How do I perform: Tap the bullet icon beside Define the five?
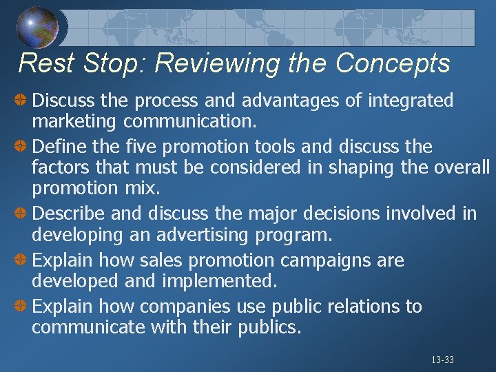(x=21, y=147)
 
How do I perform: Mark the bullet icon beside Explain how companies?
(x=21, y=306)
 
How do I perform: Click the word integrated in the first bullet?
(x=411, y=101)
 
